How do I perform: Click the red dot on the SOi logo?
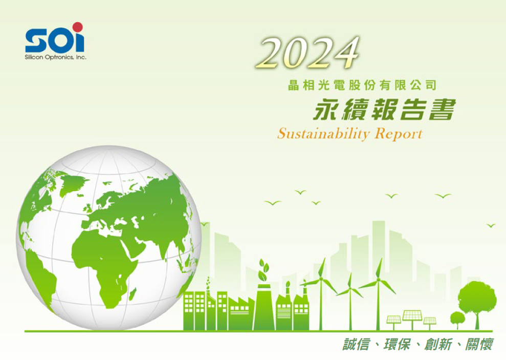(77, 27)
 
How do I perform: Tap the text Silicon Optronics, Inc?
(55, 57)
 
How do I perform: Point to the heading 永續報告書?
(384, 109)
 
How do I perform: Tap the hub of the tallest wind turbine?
(378, 280)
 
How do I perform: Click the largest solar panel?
(412, 315)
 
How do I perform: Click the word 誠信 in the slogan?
(356, 345)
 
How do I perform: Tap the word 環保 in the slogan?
(397, 345)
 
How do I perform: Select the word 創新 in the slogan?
(438, 345)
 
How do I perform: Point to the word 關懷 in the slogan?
(479, 345)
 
